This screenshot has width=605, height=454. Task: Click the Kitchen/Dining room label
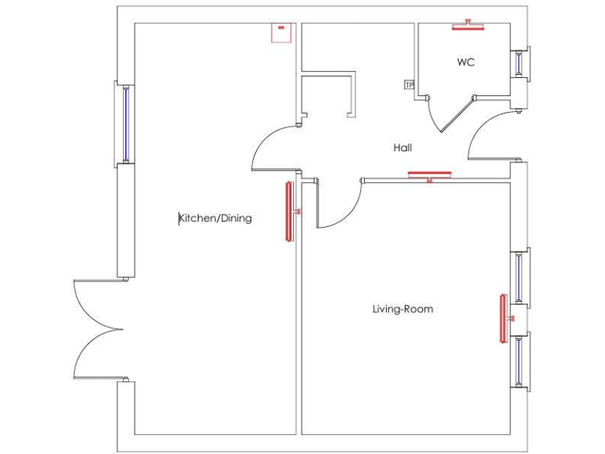(x=216, y=218)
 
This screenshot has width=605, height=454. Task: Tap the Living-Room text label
(x=403, y=309)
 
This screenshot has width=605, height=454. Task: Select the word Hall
(x=403, y=147)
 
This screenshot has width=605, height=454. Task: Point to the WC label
(x=466, y=62)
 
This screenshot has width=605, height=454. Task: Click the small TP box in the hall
(x=409, y=84)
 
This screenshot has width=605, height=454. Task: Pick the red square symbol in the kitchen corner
(x=280, y=32)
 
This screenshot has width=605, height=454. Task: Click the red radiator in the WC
(x=467, y=26)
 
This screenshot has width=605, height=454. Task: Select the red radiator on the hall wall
(x=429, y=174)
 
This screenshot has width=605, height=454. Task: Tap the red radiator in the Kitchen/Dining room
(x=289, y=210)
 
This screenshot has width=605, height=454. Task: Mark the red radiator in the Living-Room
(x=503, y=318)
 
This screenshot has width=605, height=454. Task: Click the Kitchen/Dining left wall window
(x=125, y=124)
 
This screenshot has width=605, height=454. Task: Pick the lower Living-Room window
(x=518, y=359)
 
